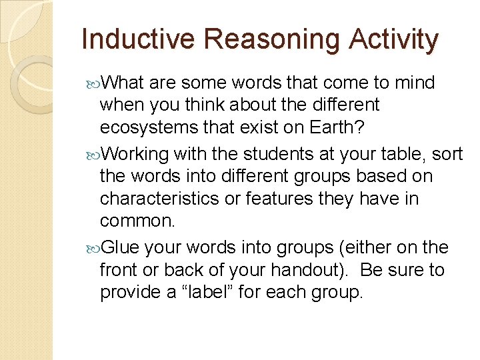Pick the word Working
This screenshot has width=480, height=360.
coord(137,154)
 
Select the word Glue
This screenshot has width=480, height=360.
coord(122,247)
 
